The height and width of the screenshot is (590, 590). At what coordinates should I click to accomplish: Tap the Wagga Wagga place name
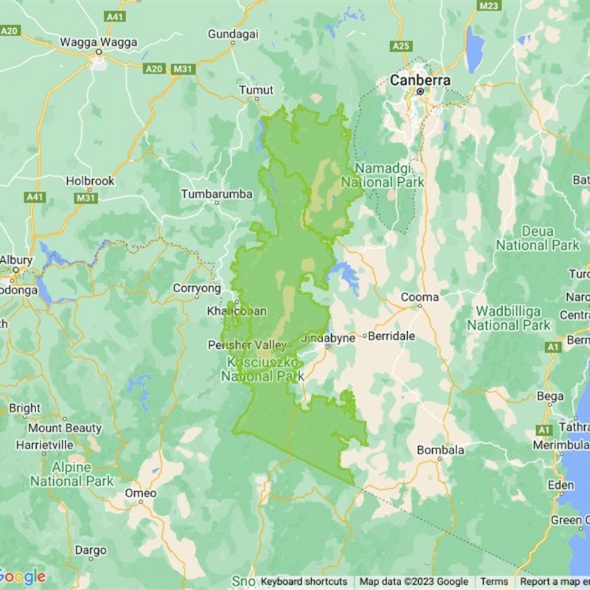pos(97,41)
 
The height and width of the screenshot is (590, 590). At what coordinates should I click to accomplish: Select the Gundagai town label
pos(233,35)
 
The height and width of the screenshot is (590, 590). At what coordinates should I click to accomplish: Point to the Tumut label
pos(256,90)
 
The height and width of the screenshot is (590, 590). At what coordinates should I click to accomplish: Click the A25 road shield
pos(401,46)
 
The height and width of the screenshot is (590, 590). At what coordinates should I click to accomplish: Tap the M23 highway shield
pos(489,6)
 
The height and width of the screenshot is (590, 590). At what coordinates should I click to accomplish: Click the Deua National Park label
pos(537,237)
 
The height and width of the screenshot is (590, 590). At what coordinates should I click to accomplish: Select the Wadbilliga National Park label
pos(508,318)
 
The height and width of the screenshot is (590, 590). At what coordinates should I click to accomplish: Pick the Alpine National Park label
pos(72,474)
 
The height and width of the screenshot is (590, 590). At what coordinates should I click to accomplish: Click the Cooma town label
pos(420,297)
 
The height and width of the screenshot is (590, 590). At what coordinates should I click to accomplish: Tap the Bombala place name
pos(440,450)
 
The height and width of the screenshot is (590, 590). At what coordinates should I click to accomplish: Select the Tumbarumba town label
pos(217,194)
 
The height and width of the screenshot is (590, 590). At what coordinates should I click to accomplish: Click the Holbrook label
pos(90,180)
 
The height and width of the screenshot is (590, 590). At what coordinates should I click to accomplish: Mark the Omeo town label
pos(140,493)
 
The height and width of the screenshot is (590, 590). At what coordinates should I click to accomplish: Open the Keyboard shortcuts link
pos(304,582)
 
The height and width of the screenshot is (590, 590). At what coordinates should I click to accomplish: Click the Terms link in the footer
pos(494,582)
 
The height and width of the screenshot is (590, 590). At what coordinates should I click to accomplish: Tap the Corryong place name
pos(197,288)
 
